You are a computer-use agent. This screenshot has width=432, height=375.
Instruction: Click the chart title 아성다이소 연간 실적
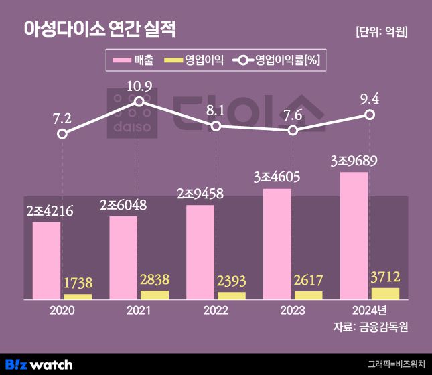coord(100,29)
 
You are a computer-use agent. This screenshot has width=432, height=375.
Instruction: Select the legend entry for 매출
coord(135,61)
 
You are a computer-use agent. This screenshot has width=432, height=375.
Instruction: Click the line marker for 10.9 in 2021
coord(139,102)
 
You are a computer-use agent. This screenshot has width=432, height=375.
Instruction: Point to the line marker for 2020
coord(62,134)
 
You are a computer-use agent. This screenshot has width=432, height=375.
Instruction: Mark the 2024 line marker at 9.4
coord(370,115)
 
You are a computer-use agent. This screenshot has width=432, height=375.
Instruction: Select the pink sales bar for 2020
coord(46,260)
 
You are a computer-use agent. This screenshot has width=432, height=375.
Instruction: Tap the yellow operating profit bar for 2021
coord(154,295)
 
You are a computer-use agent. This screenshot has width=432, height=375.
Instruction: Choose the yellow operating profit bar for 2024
coord(385,293)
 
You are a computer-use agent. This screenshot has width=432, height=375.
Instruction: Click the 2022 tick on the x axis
coord(216,311)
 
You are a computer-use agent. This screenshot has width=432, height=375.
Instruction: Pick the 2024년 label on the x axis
coord(370,311)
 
